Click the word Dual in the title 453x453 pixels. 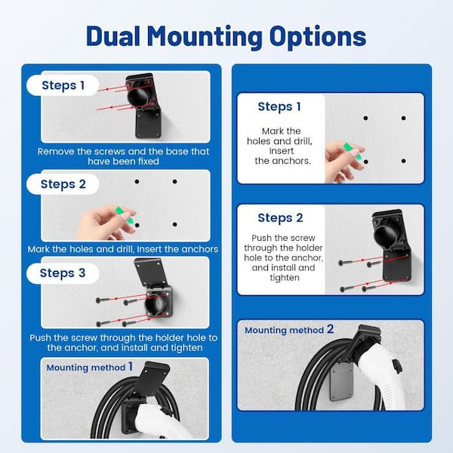113,35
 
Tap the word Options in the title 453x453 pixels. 318,38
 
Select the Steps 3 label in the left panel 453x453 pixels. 63,273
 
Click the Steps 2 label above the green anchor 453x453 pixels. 63,184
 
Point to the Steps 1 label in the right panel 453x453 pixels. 279,106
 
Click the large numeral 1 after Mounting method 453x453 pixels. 131,367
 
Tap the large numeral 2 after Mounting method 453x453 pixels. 330,329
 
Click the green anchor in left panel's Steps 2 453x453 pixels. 125,215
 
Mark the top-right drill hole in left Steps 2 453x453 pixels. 175,181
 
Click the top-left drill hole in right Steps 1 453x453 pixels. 365,118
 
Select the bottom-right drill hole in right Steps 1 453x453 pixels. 404,161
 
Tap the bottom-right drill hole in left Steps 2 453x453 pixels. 175,224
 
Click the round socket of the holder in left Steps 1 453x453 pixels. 138,97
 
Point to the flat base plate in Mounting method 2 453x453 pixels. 342,381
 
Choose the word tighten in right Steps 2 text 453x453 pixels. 285,278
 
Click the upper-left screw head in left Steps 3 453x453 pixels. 99,300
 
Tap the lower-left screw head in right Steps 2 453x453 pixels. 342,289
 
